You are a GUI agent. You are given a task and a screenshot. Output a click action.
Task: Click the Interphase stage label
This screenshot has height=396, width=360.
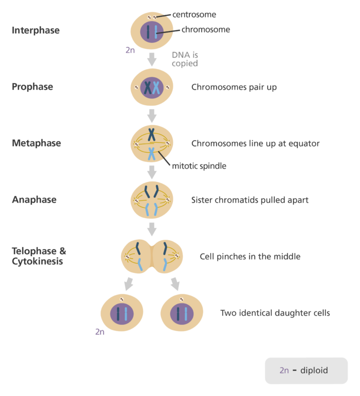click(36, 30)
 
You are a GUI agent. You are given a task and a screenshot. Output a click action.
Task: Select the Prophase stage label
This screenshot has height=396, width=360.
click(32, 87)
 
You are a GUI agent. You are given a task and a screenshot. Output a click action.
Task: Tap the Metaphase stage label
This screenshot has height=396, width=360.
click(36, 143)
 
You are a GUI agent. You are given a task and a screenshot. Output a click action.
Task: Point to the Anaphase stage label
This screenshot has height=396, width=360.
click(34, 200)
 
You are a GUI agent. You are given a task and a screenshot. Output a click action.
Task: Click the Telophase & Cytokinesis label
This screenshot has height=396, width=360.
click(39, 256)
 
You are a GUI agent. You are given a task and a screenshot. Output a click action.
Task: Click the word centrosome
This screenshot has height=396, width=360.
click(194, 15)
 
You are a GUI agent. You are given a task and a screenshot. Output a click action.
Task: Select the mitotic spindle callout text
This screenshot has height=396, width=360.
click(199, 166)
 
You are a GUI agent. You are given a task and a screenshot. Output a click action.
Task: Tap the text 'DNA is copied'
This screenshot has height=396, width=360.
click(185, 59)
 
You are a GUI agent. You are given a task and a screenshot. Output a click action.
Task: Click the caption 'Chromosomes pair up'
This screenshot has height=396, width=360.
click(234, 87)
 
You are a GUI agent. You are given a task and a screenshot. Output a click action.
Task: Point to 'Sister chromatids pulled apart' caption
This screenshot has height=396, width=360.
click(250, 200)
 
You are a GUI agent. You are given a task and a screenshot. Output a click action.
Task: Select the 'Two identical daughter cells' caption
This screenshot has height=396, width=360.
click(275, 312)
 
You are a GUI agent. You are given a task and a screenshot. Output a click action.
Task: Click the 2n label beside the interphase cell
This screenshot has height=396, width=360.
click(130, 50)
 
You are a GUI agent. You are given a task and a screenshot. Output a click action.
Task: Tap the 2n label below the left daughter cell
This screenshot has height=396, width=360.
click(100, 332)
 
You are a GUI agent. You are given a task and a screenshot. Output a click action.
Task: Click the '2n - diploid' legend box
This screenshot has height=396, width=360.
click(306, 370)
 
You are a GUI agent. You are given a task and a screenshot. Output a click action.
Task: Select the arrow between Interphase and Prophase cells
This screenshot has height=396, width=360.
click(152, 59)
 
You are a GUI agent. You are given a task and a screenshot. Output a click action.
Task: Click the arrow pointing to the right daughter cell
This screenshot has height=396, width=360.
click(175, 284)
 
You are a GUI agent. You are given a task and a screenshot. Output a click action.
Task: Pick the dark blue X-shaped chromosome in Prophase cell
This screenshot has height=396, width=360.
click(147, 88)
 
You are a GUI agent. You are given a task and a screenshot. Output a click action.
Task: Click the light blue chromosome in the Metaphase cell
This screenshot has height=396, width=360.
click(152, 153)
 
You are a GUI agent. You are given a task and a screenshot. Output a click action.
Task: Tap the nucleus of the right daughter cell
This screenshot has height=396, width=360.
click(182, 313)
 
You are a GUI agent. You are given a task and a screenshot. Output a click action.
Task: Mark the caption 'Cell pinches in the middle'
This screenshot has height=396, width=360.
click(250, 256)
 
